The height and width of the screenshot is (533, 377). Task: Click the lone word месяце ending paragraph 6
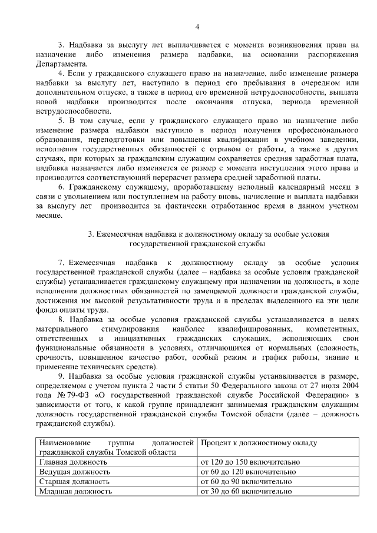coord(48,215)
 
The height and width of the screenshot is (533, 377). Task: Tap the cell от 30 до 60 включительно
coord(246,491)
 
